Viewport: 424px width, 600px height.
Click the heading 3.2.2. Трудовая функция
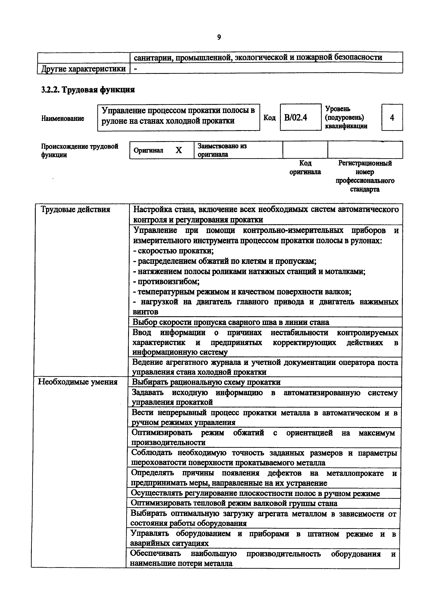(x=88, y=90)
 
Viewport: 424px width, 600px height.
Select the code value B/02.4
(x=296, y=118)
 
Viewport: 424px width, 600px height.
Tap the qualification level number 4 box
(x=392, y=118)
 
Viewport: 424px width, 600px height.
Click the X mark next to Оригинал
(x=179, y=150)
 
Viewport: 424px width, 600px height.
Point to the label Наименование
(x=63, y=118)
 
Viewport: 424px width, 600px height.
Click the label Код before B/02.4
(x=269, y=118)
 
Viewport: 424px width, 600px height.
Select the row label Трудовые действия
(x=76, y=210)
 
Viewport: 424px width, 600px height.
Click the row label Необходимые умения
(x=78, y=382)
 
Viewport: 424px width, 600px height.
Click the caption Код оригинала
(x=305, y=167)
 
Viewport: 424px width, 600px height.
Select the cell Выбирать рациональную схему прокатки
(x=206, y=382)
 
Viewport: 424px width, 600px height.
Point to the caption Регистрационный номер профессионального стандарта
(x=365, y=176)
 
